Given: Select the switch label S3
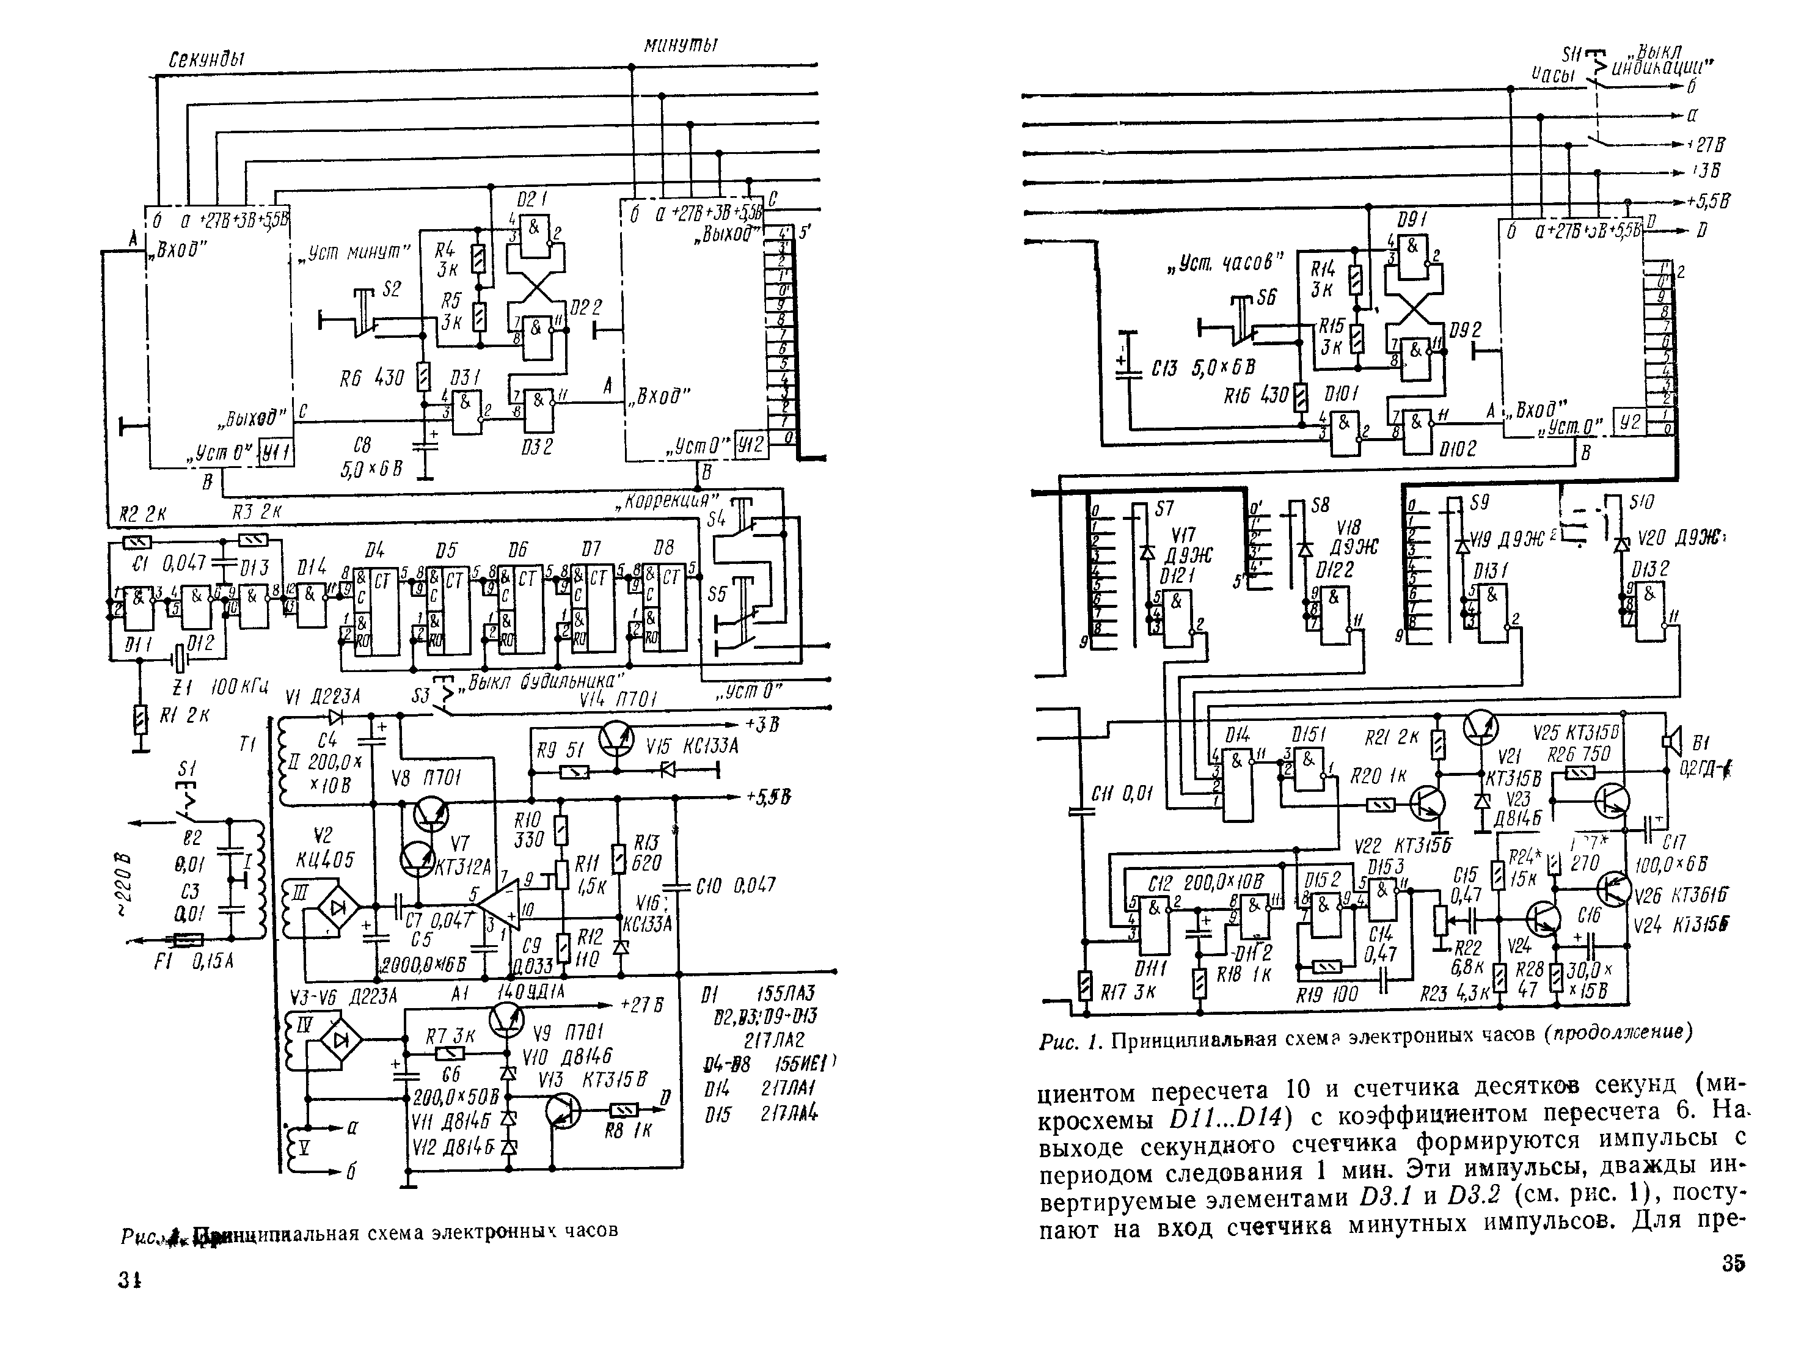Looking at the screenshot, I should pyautogui.click(x=420, y=696).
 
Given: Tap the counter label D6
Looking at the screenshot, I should pyautogui.click(x=517, y=550).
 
